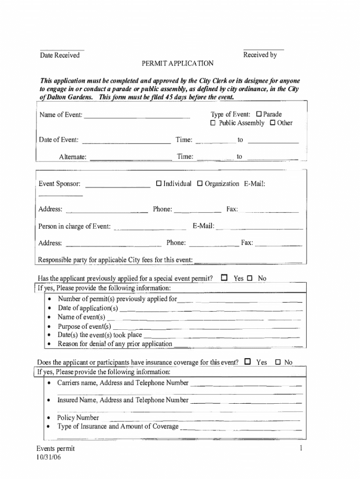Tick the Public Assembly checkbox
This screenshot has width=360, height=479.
pos(213,123)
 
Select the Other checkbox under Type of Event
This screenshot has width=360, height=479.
pos(272,123)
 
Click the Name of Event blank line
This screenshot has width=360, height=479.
pos(137,116)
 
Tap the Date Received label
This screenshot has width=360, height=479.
pos(60,56)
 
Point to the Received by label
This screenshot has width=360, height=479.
pos(260,55)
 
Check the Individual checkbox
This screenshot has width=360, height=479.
pos(158,183)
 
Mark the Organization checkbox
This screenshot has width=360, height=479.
pos(200,183)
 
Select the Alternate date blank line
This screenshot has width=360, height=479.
pos(130,158)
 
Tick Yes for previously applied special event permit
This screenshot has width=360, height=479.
pos(224,278)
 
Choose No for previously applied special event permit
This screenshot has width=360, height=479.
pos(249,278)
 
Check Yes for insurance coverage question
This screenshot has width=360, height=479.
pos(247,362)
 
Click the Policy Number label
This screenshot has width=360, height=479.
pos(78,418)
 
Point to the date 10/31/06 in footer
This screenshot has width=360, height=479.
pos(49,458)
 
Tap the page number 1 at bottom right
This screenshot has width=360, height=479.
pos(302,449)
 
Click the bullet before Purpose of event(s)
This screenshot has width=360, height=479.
pos(50,327)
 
